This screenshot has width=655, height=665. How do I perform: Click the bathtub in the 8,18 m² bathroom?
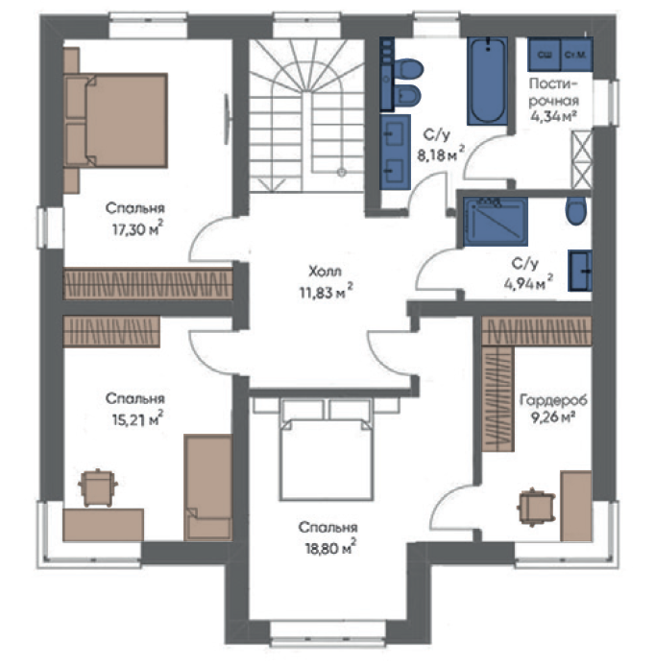487,81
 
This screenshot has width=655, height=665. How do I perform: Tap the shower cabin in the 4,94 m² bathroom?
495,222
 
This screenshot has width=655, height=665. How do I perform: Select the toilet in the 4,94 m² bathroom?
575,210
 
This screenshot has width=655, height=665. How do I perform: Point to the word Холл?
325,271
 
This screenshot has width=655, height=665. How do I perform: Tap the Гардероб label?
553,400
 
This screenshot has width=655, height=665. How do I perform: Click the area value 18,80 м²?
330,548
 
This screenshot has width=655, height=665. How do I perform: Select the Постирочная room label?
554,92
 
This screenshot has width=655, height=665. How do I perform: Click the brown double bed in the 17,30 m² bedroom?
115,121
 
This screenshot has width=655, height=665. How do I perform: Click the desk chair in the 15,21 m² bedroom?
98,487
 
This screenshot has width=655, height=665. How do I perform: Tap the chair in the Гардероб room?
536,507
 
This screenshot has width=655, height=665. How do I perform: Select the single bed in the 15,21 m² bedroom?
208,487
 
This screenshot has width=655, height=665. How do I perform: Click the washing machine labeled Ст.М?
576,55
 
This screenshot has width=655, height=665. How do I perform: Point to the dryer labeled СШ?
545,55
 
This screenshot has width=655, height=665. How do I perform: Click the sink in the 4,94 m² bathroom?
580,271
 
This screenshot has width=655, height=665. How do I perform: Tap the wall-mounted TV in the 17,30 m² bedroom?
228,119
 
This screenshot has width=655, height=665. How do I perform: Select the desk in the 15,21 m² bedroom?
103,525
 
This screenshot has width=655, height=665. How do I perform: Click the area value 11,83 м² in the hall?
326,292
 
